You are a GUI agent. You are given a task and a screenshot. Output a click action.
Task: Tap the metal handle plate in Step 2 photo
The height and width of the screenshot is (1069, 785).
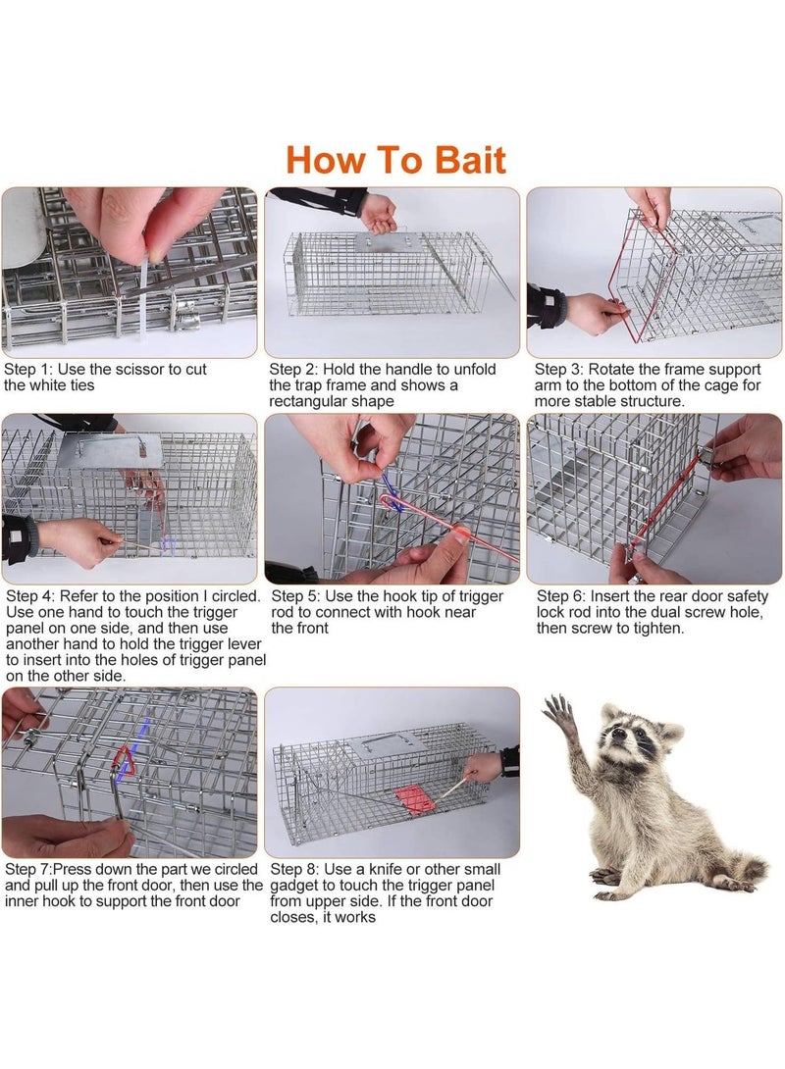388,241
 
